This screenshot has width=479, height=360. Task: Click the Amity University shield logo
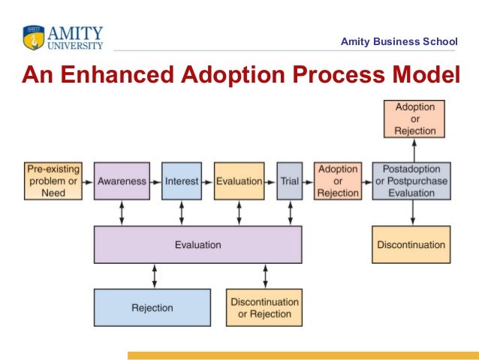tap(34, 38)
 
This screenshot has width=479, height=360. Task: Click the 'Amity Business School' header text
tap(399, 41)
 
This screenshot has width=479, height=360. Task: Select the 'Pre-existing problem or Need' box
tap(53, 180)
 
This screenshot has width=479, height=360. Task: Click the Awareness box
tap(122, 181)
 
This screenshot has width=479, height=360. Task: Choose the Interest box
tap(182, 181)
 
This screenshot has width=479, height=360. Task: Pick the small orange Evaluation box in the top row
tap(239, 181)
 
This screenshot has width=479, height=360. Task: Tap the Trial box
tap(290, 181)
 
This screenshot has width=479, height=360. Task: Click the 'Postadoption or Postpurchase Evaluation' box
tap(411, 180)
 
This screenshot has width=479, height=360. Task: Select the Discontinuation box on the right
tap(411, 244)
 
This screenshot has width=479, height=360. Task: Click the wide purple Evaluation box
tap(197, 244)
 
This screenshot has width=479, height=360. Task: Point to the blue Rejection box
tap(152, 307)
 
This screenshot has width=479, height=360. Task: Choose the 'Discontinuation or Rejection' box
tap(264, 307)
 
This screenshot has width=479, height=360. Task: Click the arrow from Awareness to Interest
tap(155, 181)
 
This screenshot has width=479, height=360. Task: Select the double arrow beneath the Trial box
tap(290, 213)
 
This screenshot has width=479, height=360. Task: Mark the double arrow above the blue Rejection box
tap(155, 276)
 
